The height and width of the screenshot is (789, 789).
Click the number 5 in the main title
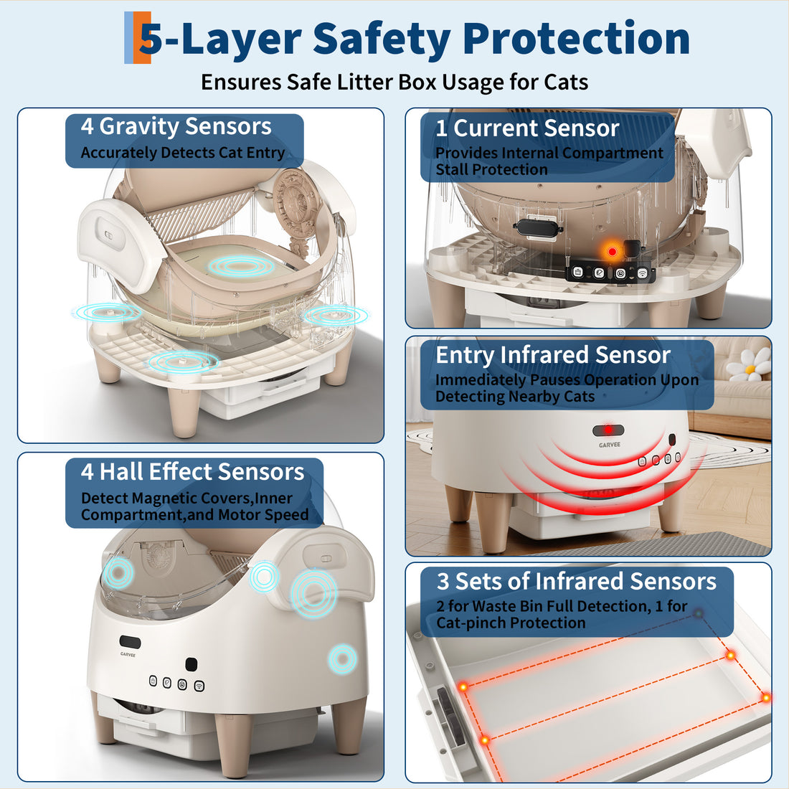tap(151, 39)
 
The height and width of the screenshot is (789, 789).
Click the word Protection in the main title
tap(576, 38)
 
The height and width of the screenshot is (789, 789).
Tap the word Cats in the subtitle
tap(566, 82)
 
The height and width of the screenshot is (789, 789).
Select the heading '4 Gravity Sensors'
tap(176, 126)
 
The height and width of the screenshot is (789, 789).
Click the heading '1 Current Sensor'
tap(527, 128)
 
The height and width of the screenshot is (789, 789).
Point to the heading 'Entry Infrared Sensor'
tap(553, 355)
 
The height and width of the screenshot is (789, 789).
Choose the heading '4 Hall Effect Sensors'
tap(193, 472)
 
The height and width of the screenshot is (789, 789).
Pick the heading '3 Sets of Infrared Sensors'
tap(576, 581)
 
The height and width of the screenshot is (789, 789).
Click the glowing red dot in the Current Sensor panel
tap(612, 252)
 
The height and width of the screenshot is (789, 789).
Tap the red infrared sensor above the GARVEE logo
tap(608, 430)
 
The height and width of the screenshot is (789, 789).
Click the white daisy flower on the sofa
tap(748, 364)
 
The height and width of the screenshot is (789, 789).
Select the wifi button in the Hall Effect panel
tap(199, 686)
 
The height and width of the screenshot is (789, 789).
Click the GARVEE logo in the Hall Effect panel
tap(128, 655)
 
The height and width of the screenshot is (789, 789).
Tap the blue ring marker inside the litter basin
tap(241, 265)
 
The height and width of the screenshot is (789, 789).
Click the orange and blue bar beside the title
tap(138, 38)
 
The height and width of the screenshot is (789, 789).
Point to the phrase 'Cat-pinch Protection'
tap(511, 623)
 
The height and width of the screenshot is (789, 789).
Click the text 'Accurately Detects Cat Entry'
tap(183, 153)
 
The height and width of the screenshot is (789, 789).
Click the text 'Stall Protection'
tap(491, 169)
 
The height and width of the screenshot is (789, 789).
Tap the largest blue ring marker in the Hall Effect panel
tap(313, 593)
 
